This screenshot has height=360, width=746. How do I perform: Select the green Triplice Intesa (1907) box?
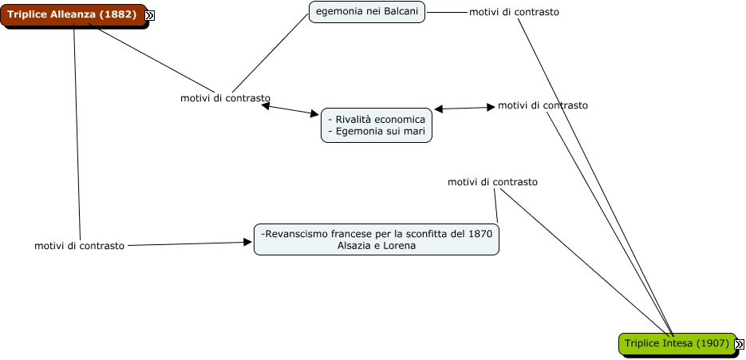[x=677, y=343]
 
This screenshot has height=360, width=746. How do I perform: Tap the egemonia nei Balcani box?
[x=367, y=11]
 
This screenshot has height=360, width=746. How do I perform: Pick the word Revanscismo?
[x=295, y=234]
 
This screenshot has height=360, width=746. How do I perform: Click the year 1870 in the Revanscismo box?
[x=479, y=234]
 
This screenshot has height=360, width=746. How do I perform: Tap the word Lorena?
[x=399, y=246]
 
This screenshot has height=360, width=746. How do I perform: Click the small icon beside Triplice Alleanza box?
[x=149, y=15]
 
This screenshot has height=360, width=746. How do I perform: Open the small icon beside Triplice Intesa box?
[x=739, y=344]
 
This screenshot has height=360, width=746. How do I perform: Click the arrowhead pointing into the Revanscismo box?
[x=247, y=242]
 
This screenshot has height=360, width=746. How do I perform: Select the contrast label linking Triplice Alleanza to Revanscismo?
[x=79, y=246]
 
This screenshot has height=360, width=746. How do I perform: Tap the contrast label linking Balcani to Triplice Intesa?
[x=514, y=12]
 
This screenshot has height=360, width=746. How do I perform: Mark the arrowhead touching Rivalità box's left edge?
[x=314, y=114]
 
